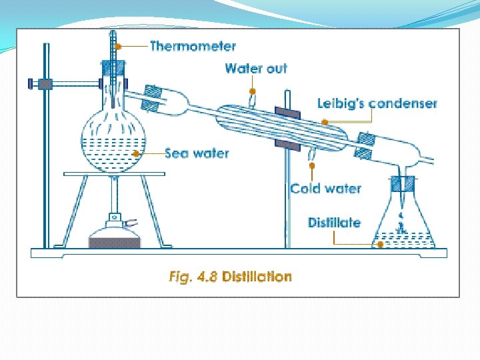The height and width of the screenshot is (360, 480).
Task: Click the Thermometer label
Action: point(193,46)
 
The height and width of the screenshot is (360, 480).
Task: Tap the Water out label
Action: point(256,68)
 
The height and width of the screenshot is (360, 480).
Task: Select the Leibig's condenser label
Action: point(377,103)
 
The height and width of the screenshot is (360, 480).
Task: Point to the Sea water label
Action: point(197,153)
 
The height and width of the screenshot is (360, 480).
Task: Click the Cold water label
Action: point(325,189)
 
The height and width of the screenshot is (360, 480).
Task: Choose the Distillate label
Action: point(334,222)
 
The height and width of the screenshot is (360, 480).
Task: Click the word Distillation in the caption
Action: point(257,276)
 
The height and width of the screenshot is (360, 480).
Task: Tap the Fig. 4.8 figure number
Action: point(193,276)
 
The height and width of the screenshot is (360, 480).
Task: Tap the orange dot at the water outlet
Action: point(253,91)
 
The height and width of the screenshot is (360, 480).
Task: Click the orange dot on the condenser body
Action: point(325,122)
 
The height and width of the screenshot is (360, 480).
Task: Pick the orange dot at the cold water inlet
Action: point(311,164)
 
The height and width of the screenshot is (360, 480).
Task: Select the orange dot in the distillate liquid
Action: point(381,244)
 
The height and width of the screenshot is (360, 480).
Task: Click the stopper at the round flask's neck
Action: point(113,67)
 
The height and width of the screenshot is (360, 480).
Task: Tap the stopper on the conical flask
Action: point(403,182)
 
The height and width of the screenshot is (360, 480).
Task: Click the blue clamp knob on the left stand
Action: point(31,83)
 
